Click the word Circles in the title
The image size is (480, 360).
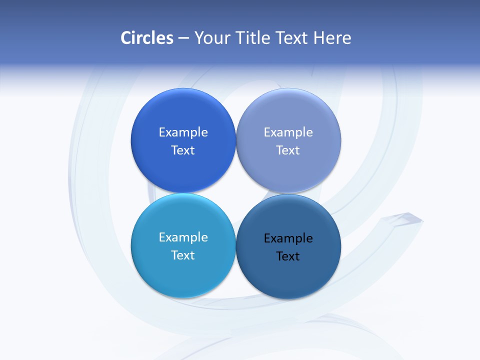click(147, 38)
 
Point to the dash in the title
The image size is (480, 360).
click(183, 38)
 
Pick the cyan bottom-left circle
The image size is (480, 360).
click(183, 275)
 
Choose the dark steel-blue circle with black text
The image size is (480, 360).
click(288, 277)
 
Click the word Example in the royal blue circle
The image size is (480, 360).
click(183, 132)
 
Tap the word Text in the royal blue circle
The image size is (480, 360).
click(183, 150)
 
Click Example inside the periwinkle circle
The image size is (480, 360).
click(288, 132)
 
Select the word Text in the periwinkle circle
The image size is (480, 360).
click(288, 150)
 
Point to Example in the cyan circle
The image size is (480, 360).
click(183, 237)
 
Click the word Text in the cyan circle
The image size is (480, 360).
click(183, 255)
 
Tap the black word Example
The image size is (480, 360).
click(288, 238)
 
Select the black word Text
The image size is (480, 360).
click(288, 256)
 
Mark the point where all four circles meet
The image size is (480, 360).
click(235, 193)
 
